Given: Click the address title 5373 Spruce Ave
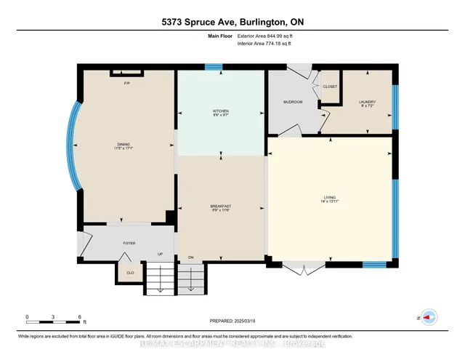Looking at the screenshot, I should [232, 23].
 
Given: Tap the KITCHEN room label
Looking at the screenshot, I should [221, 111].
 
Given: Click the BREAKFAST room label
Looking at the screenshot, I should [222, 207].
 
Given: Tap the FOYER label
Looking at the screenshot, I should [129, 243].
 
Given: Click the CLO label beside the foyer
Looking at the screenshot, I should [130, 273].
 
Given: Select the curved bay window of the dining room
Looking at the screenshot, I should [72, 145].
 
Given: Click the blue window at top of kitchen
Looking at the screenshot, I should [213, 67].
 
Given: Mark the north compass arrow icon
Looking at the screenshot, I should [429, 317].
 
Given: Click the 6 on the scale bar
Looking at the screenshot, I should [79, 317].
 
